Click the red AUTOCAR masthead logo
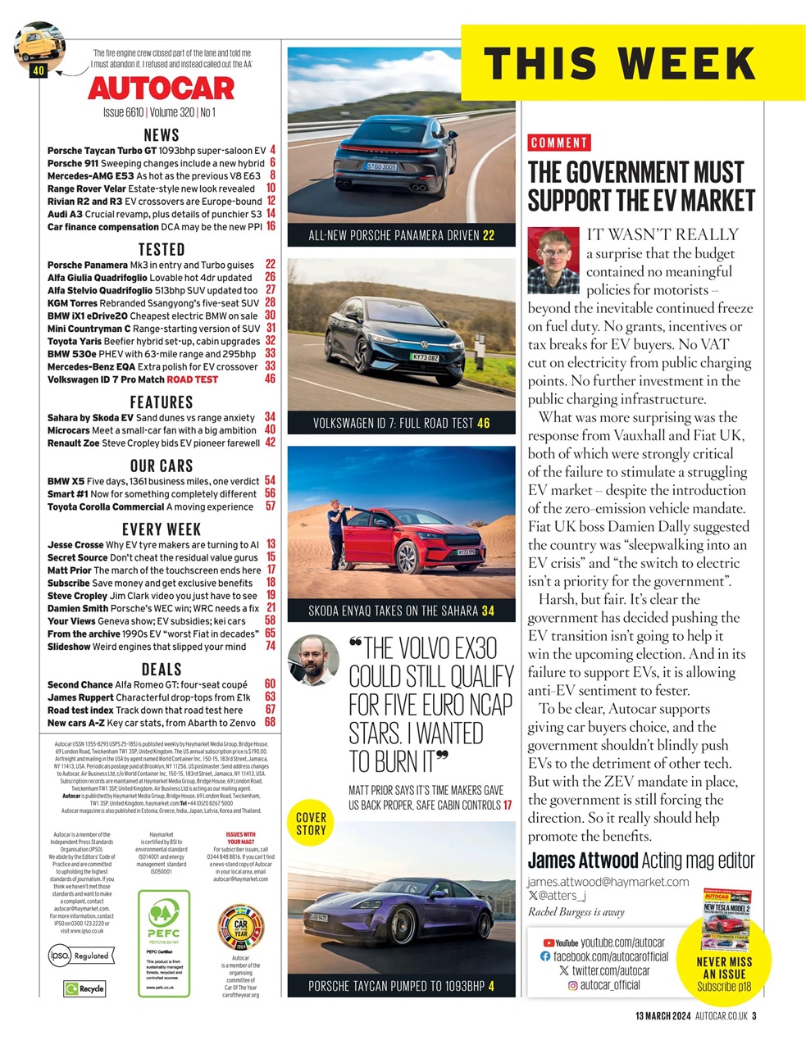tap(162, 88)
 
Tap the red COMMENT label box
tap(559, 143)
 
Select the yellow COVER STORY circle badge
tap(311, 824)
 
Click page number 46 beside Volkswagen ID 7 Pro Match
tap(270, 379)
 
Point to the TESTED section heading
tap(162, 249)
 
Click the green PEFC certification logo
tap(164, 919)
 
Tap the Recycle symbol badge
tap(85, 988)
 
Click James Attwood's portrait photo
tap(553, 261)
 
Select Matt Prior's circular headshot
tap(313, 660)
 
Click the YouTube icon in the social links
tap(549, 942)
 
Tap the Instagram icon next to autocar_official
tap(572, 985)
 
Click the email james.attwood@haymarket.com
tap(608, 881)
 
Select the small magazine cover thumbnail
tap(726, 910)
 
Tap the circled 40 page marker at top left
tap(38, 71)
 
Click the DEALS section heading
tap(162, 670)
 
